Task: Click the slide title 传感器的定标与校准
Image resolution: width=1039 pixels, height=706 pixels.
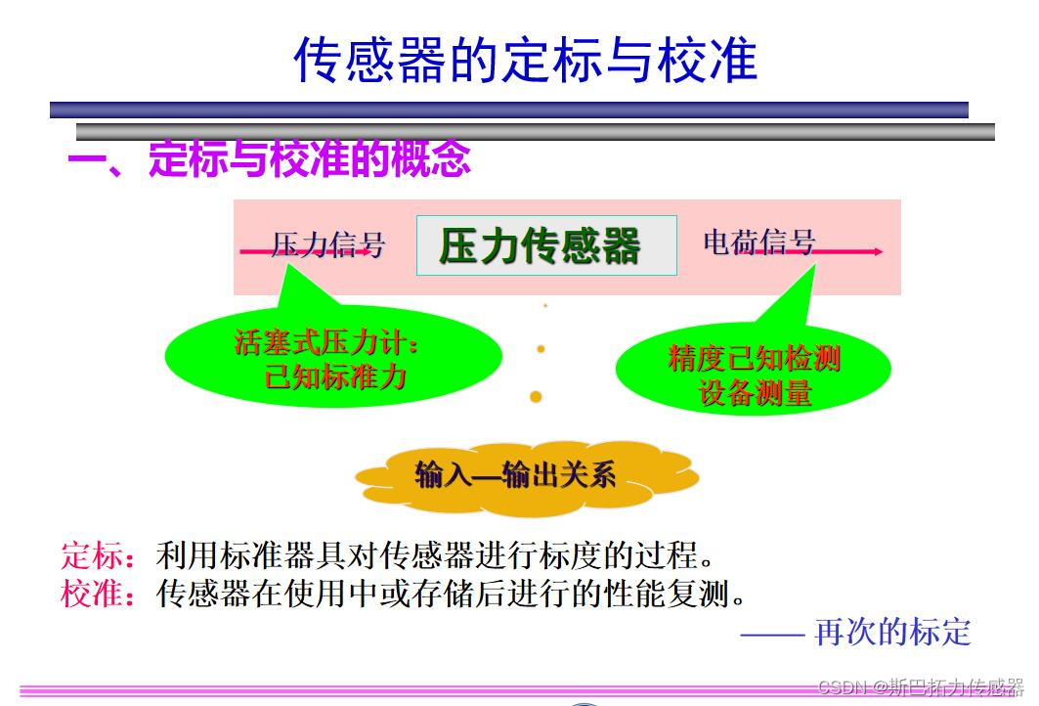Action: point(525,60)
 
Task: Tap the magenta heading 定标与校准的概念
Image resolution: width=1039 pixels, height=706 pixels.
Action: point(309,159)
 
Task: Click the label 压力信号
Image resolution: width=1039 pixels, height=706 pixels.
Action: point(327,244)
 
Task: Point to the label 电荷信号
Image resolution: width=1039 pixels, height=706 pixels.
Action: point(758,243)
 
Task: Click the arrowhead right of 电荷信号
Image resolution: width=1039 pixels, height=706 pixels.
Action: point(879,251)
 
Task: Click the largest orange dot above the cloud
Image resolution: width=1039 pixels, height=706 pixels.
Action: point(536,396)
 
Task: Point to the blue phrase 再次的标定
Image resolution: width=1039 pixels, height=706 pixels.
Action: point(892,632)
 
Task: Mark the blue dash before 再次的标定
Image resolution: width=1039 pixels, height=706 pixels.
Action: point(771,634)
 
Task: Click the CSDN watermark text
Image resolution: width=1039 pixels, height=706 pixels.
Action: point(920,686)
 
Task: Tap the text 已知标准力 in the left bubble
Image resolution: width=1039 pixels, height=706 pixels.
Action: point(335,376)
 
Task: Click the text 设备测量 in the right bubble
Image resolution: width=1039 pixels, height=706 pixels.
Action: point(755,392)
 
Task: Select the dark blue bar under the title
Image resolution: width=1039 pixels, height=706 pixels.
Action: point(508,110)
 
